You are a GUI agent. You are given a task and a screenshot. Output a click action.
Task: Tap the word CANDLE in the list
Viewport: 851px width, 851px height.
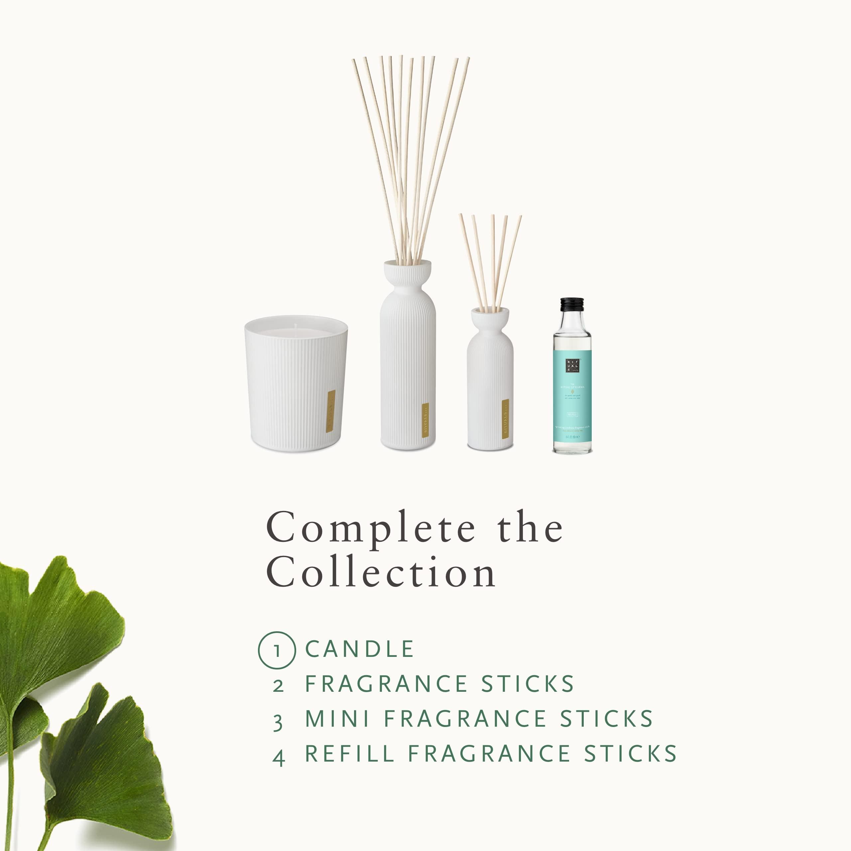coord(359,649)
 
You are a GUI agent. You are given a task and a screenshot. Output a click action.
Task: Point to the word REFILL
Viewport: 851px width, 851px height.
coord(350,753)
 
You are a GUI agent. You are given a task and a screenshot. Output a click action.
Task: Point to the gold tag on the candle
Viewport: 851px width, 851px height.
coord(329,411)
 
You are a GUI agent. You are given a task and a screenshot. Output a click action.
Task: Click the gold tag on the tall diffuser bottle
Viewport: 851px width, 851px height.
coord(425,420)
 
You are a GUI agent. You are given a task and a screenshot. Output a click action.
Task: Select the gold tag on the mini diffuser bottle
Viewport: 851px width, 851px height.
coord(505,419)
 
